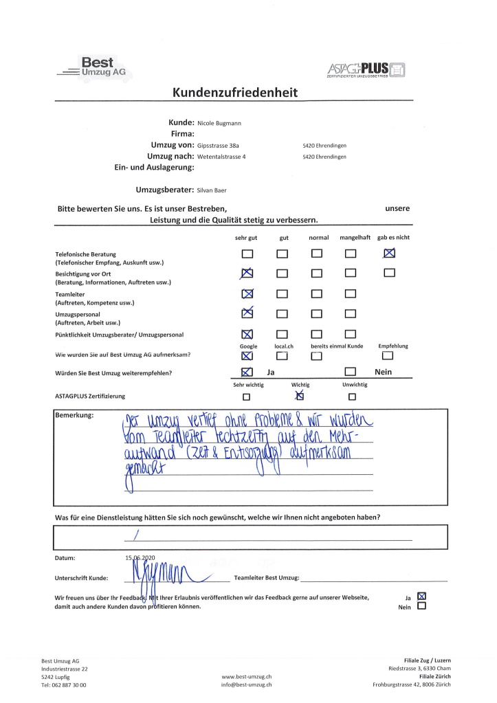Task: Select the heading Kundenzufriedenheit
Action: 235,93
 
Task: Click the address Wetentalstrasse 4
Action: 221,157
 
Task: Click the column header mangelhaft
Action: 355,237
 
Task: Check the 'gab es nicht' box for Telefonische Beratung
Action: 390,253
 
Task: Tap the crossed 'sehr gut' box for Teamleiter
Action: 248,294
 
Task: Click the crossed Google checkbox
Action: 247,355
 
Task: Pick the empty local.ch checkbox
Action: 283,355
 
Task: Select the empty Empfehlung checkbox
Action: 388,355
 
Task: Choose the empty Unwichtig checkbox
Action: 352,397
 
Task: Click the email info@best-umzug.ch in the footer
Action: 247,684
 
